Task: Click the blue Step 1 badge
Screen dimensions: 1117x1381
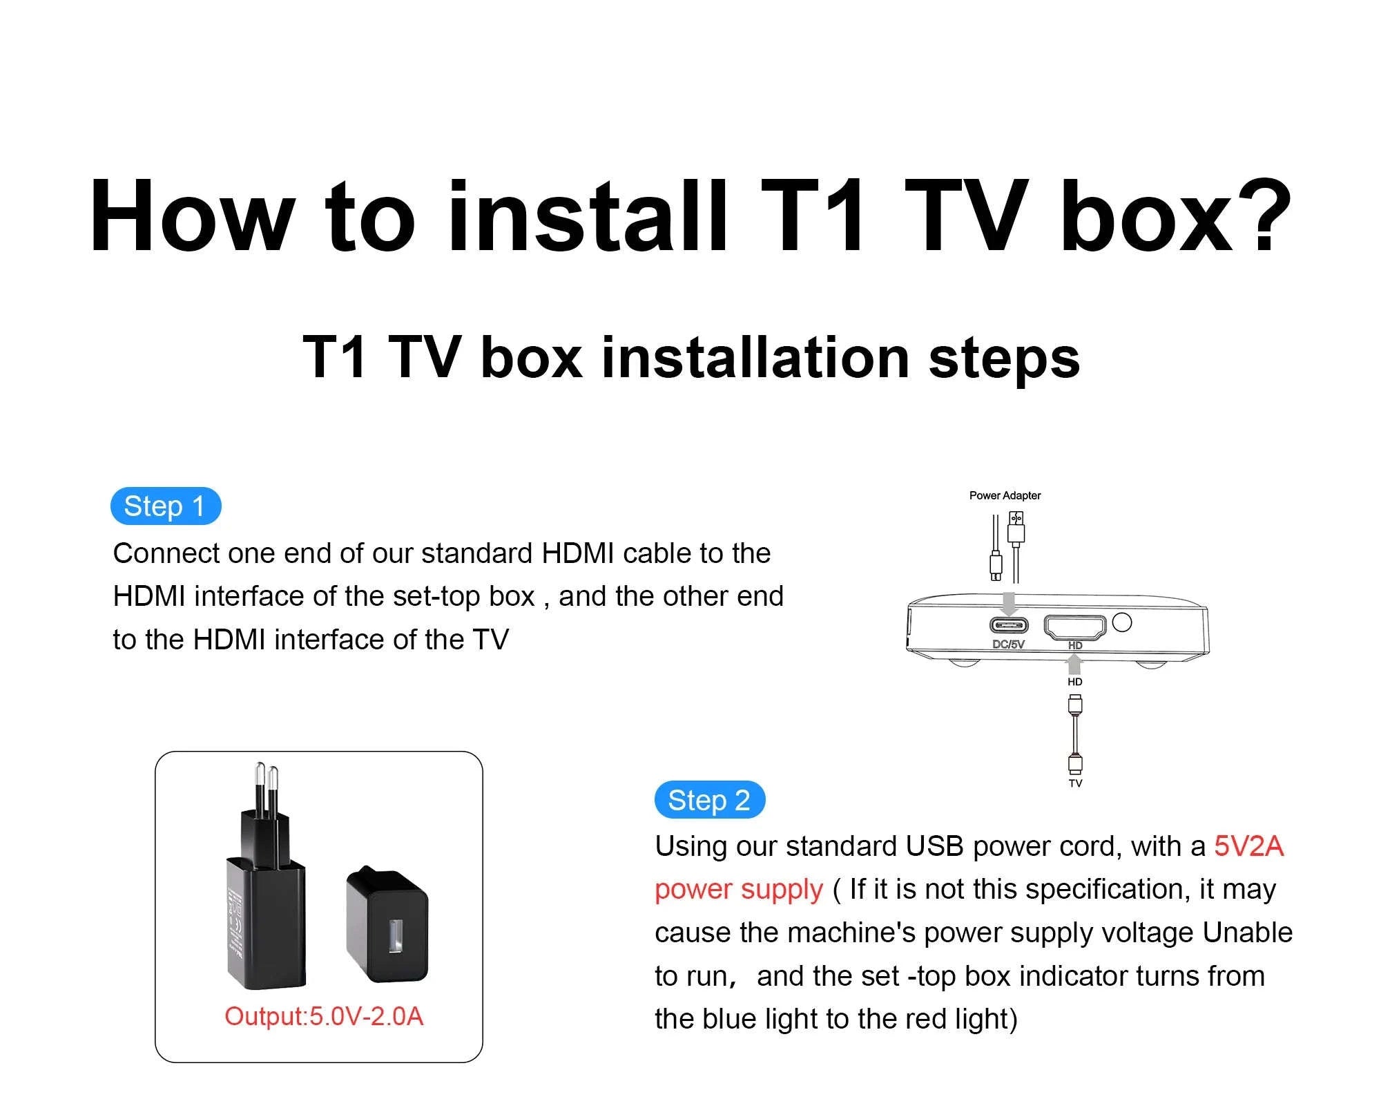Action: pos(165,506)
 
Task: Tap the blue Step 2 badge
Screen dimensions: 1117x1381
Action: pos(709,801)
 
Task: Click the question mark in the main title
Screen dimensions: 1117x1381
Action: pos(1264,216)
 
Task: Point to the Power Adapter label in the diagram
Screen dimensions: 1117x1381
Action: pos(1005,495)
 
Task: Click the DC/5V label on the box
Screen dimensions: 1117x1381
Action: pos(1008,645)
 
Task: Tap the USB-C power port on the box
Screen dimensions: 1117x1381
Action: pos(1009,626)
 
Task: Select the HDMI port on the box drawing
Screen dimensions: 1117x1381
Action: pos(1074,627)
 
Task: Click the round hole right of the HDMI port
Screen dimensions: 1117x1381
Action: pos(1123,622)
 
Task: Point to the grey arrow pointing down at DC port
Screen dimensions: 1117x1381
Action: pos(1009,603)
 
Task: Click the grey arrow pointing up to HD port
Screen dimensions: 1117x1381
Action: pos(1074,665)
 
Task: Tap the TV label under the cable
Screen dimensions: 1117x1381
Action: pos(1075,783)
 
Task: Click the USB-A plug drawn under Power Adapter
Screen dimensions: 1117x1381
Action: pos(1016,528)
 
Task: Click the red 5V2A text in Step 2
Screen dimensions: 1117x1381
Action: pos(1248,846)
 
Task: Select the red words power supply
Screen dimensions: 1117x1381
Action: pos(739,890)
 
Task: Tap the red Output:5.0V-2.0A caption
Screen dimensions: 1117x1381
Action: pos(323,1016)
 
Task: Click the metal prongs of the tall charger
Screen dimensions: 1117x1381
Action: pos(266,787)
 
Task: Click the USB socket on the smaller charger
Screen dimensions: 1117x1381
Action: pos(396,936)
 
